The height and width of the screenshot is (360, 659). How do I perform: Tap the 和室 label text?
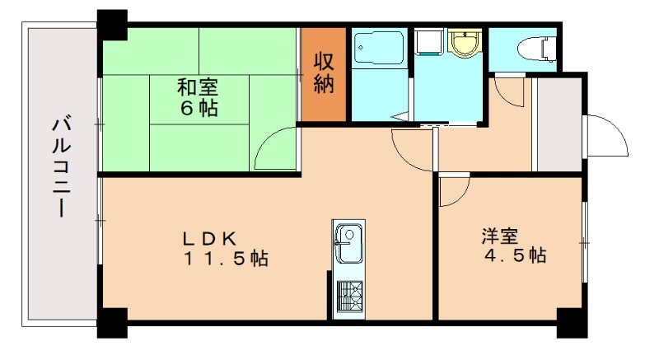(x=197, y=86)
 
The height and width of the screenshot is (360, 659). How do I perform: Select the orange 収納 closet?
(x=323, y=75)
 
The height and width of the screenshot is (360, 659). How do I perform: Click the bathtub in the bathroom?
(x=377, y=49)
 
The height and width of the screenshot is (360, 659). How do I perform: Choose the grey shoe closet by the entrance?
(x=558, y=124)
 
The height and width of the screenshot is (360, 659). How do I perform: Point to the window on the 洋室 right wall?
(x=585, y=243)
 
